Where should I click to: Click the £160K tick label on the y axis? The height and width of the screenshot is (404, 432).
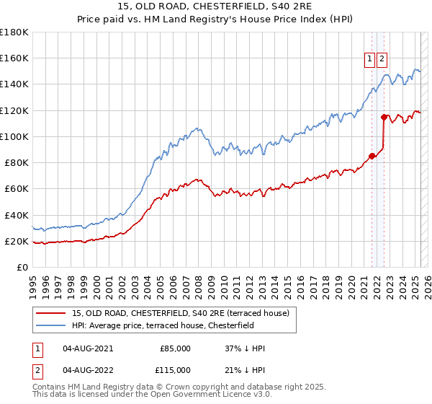14,58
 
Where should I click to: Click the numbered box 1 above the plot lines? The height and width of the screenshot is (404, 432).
370,60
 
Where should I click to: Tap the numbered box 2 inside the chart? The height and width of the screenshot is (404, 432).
382,60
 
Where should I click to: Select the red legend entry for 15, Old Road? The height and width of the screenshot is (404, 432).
181,313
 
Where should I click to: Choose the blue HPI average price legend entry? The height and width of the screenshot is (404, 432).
174,325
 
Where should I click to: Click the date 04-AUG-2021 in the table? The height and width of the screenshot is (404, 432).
88,348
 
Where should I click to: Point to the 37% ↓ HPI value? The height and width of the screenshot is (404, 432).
245,348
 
